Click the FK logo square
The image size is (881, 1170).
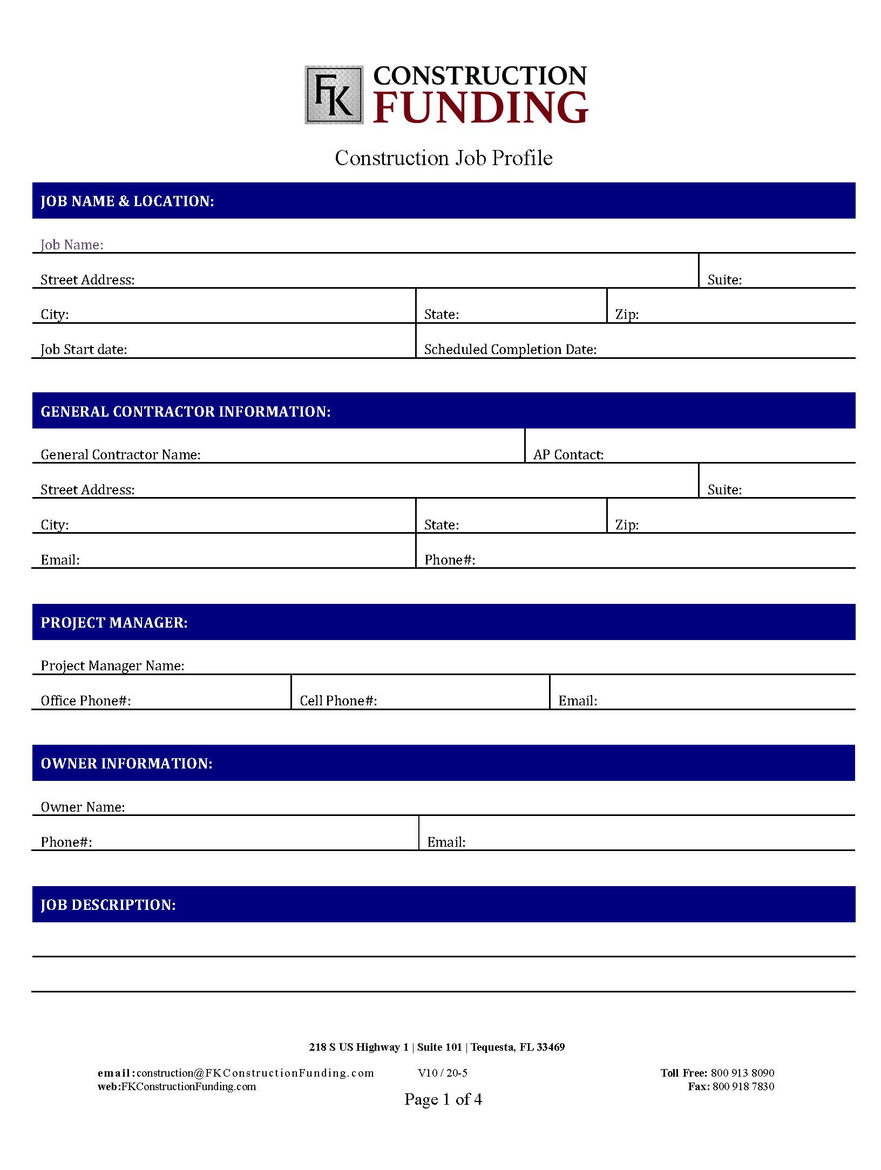(x=334, y=95)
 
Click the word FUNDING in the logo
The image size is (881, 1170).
(x=480, y=107)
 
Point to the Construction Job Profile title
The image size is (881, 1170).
(x=443, y=158)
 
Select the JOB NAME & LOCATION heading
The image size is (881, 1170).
(x=127, y=201)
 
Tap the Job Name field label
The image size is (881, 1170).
(x=72, y=245)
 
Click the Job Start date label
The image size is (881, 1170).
(x=84, y=350)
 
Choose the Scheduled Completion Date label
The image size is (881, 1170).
(x=510, y=350)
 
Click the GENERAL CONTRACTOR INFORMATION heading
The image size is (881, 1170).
(x=186, y=412)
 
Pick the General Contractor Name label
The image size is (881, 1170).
(x=120, y=455)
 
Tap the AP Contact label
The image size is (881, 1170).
(x=568, y=455)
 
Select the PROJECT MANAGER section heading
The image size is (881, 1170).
(x=114, y=623)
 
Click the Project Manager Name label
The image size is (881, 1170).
(x=112, y=666)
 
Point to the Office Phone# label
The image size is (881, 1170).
(x=86, y=701)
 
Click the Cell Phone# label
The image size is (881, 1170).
(x=338, y=701)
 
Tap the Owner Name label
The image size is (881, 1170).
(x=83, y=807)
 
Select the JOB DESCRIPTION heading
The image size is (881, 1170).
(x=108, y=905)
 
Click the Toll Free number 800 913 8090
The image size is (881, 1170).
(x=742, y=1073)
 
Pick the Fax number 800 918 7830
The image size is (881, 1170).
(x=743, y=1086)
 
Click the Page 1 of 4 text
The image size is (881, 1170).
(x=443, y=1099)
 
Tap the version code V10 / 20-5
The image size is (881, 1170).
(x=443, y=1073)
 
